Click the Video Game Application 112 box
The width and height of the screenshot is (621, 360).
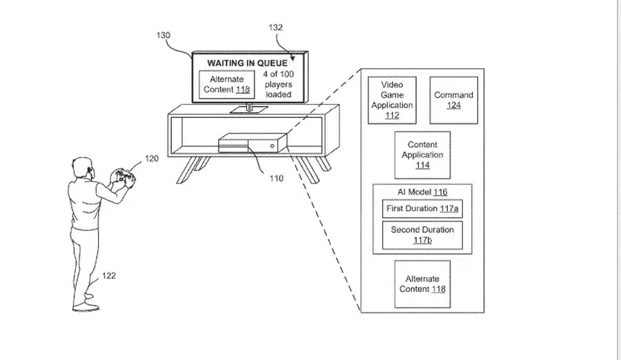pos(392,100)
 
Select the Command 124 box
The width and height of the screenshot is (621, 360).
pos(454,100)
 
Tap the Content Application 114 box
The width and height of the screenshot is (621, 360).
pos(422,155)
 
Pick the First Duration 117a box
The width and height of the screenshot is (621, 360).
pos(422,209)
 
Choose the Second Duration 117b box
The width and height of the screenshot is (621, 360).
pos(422,235)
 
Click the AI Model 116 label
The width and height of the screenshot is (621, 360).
pos(422,192)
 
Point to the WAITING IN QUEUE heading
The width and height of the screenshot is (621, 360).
pos(247,63)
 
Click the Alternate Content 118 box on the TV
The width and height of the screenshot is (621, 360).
pos(226,84)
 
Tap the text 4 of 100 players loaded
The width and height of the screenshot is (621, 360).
pos(279,84)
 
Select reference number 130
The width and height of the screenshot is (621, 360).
pos(163,35)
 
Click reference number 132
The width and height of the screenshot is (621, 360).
pos(275,28)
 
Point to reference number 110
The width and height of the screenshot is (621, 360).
pos(277,178)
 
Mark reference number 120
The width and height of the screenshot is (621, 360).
pos(152,159)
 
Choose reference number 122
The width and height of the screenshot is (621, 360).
pos(109,276)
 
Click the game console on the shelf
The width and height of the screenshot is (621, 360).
pos(253,143)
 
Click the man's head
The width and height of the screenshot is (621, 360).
pos(84,169)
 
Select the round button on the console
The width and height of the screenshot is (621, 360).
pos(272,146)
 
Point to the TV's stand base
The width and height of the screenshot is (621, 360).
pos(249,109)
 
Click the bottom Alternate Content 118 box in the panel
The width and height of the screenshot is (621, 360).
pos(422,284)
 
